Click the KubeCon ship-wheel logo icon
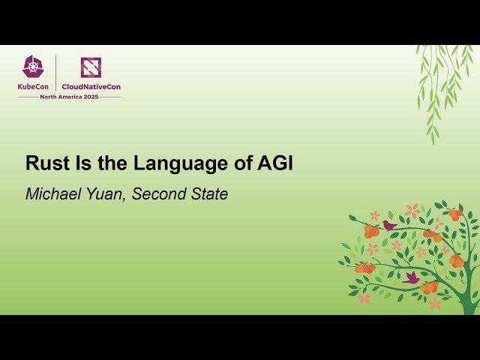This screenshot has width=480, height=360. [x=34, y=67]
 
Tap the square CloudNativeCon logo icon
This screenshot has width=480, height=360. [x=91, y=67]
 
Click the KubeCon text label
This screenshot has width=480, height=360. [x=34, y=86]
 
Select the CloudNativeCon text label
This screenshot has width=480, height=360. [x=91, y=86]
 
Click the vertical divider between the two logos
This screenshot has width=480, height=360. [x=56, y=73]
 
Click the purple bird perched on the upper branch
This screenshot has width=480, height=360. [x=388, y=224]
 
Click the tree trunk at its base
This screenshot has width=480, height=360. [x=469, y=304]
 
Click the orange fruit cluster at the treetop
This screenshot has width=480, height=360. [x=454, y=214]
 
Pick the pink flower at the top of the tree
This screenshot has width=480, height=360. [x=412, y=211]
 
